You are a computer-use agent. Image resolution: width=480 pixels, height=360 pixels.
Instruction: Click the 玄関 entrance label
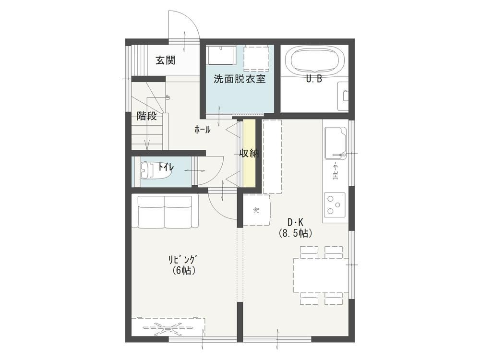click(165, 60)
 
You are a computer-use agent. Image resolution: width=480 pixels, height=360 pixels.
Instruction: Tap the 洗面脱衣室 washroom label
click(240, 79)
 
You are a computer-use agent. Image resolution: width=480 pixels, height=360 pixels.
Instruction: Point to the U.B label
click(314, 79)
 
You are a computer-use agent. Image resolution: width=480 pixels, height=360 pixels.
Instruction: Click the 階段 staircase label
click(146, 116)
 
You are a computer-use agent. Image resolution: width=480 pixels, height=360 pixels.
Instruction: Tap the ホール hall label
click(203, 130)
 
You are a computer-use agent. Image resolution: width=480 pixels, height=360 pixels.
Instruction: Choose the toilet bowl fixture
click(156, 170)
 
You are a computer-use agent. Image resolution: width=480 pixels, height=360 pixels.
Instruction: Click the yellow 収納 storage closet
click(249, 153)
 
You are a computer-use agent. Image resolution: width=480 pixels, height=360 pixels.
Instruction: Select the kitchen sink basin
click(336, 143)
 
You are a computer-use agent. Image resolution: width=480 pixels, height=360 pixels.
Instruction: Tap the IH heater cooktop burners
click(335, 204)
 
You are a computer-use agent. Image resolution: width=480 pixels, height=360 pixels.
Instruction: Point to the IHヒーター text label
click(336, 170)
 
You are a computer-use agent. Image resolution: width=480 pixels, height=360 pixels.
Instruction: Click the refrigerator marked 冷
click(256, 210)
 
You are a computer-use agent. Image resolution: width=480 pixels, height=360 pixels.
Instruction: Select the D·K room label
click(295, 222)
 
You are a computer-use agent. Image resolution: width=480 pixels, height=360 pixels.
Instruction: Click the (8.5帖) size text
click(295, 234)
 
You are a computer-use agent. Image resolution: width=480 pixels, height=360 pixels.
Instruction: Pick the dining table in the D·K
click(321, 276)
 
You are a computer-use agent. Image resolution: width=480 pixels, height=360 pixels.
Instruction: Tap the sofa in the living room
click(165, 212)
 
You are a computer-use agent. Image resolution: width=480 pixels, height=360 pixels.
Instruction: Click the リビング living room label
click(182, 259)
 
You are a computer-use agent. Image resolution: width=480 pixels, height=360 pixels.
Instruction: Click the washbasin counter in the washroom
click(221, 55)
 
